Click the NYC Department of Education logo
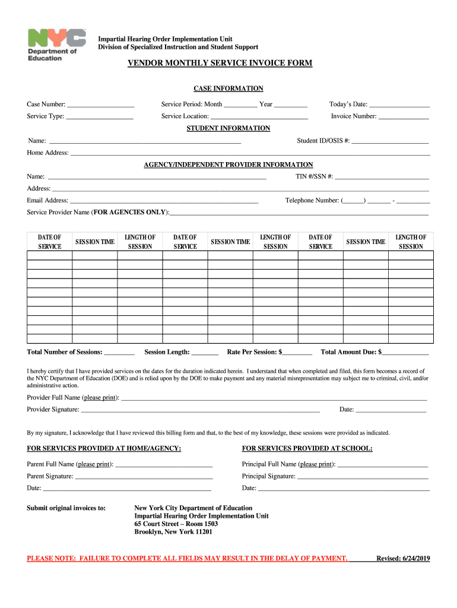pos(56,45)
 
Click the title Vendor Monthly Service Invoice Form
pos(220,63)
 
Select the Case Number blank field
pos(101,104)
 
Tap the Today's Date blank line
pos(399,104)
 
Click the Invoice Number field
pos(404,116)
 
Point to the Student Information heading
pos(228,128)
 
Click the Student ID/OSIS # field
pos(390,141)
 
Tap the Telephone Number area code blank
pos(354,201)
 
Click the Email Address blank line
pos(164,201)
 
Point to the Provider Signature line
pos(200,410)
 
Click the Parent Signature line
pos(144,476)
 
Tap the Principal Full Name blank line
pos(382,464)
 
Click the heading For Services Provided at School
pos(307,448)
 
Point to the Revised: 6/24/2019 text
pos(403,558)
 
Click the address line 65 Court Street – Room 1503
pos(176,524)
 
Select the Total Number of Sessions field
pos(119,352)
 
